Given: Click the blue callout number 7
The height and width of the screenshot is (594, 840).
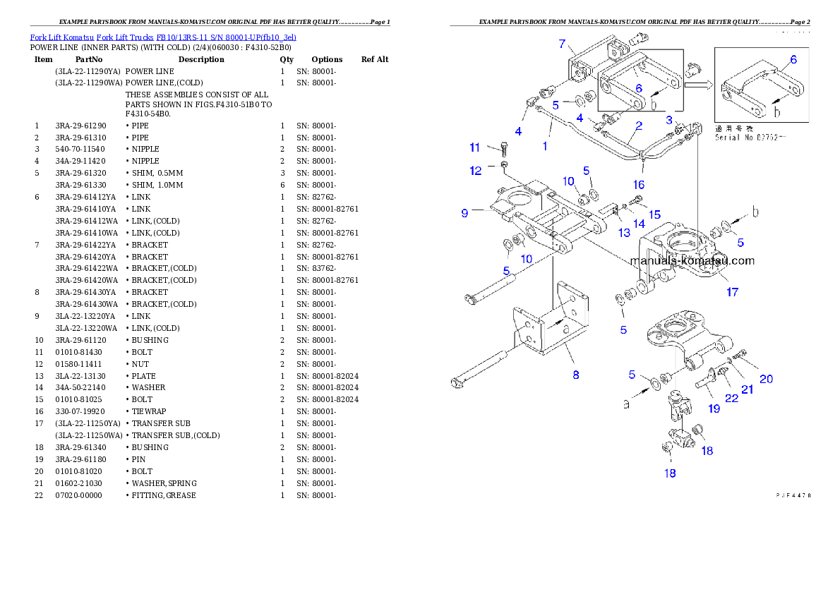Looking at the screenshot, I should [562, 44].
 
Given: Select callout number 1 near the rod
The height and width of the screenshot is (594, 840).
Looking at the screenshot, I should [545, 146].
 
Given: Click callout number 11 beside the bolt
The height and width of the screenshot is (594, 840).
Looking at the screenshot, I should [475, 147].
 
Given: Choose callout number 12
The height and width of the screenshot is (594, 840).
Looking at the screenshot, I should [475, 170].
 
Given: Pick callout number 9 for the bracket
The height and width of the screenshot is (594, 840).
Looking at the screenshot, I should [464, 212].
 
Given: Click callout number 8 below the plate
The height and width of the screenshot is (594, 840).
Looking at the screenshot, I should [576, 375].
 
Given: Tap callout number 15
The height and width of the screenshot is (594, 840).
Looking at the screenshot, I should [655, 214].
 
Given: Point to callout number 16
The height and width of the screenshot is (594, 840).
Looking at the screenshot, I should [638, 185].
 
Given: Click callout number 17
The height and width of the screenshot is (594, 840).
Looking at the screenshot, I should [733, 291].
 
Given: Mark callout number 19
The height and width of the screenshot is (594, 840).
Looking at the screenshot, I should [714, 408].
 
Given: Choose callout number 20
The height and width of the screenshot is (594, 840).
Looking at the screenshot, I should [766, 379].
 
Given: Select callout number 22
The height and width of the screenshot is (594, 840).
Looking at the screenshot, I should [731, 398].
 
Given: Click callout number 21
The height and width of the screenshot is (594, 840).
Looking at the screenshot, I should [747, 388].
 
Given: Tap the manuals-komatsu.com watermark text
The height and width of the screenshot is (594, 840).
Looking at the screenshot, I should [692, 260].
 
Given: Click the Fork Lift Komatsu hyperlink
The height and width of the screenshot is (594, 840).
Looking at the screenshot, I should [163, 37].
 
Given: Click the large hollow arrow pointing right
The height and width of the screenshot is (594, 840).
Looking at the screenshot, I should [698, 86].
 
